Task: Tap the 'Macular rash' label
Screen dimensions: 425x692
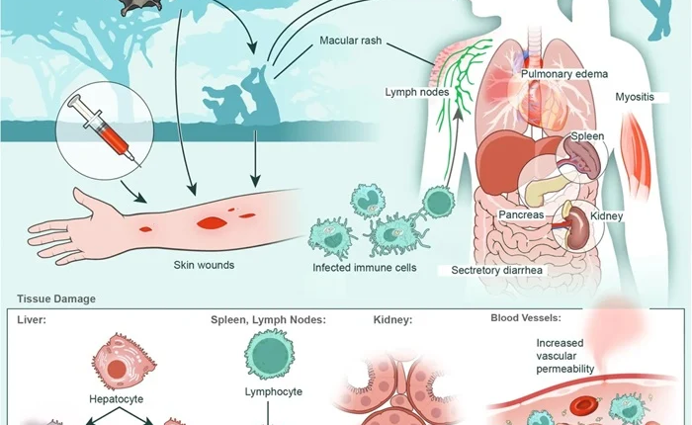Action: tap(353, 42)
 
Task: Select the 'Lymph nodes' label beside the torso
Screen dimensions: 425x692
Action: tap(417, 92)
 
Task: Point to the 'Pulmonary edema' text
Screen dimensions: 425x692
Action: tap(565, 73)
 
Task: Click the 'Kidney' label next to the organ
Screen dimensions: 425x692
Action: tap(606, 214)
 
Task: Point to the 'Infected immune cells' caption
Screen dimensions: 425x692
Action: tap(364, 268)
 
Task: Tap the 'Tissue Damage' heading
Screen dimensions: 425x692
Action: tap(54, 298)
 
